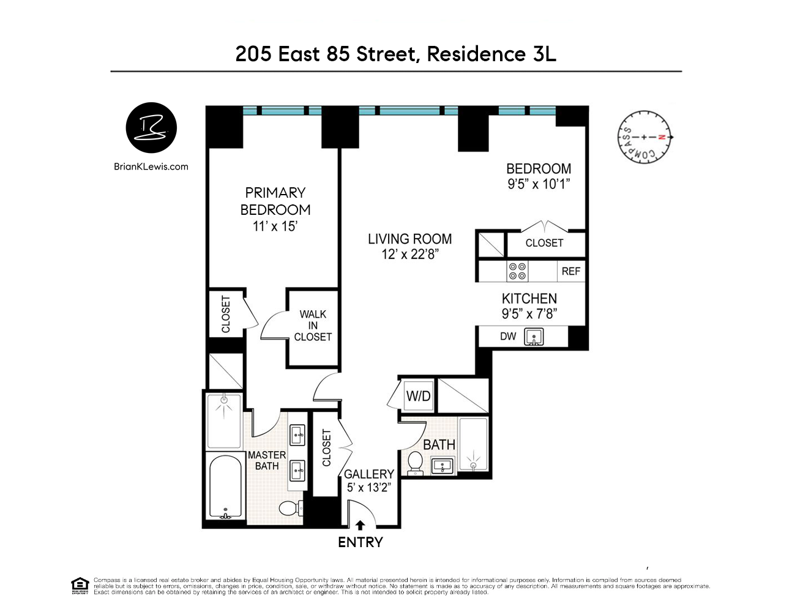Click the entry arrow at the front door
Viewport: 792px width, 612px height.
click(x=360, y=525)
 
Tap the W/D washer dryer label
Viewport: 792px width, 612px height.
click(x=418, y=396)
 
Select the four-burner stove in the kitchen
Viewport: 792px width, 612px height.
click(x=517, y=271)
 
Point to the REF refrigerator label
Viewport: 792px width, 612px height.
click(x=570, y=271)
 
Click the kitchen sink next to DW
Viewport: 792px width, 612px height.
click(x=534, y=337)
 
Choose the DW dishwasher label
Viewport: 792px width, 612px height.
click(x=508, y=337)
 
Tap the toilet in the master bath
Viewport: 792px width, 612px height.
click(x=290, y=508)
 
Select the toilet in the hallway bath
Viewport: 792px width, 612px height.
click(x=415, y=463)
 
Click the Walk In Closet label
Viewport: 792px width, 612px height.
click(x=313, y=326)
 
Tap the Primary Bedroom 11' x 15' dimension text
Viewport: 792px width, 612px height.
click(x=275, y=226)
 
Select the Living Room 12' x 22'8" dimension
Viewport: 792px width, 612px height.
click(x=410, y=255)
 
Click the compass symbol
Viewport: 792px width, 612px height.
click(x=644, y=138)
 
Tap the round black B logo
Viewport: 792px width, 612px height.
click(x=151, y=128)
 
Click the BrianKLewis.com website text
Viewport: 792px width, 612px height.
click(x=151, y=166)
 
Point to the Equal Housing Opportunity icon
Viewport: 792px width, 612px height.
click(x=80, y=585)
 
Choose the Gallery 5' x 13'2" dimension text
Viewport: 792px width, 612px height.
click(x=368, y=488)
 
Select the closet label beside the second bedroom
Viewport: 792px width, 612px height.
click(x=544, y=243)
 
